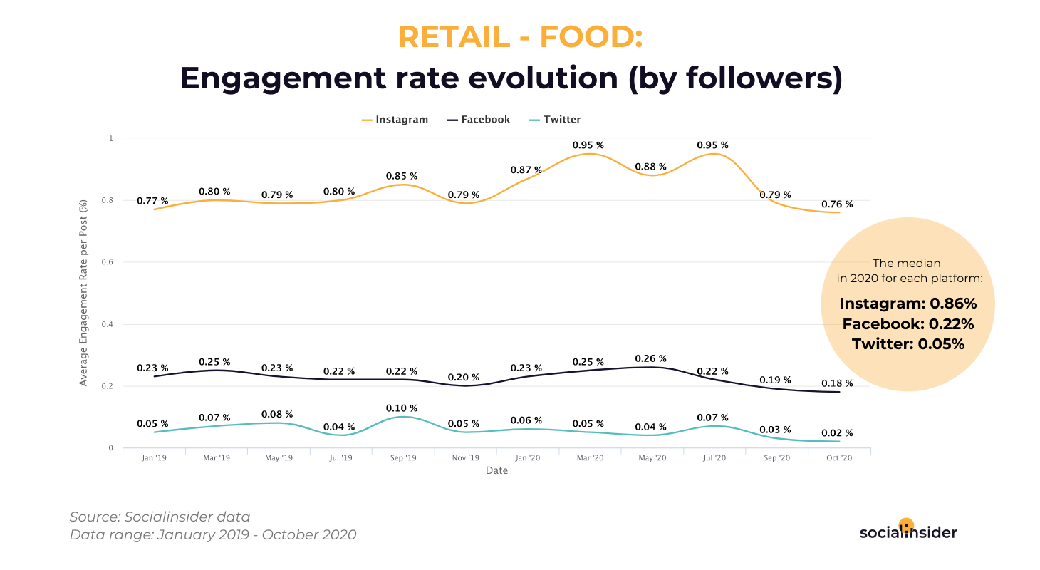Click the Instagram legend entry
pos(395,120)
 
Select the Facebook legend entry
pos(479,120)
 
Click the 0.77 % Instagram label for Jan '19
pos(152,202)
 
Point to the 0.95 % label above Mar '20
pos(588,145)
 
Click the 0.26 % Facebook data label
pos(651,358)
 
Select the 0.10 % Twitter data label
pos(402,408)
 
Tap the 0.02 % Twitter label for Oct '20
pos(837,433)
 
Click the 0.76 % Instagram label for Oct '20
pos(837,204)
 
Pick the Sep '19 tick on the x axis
pos(403,458)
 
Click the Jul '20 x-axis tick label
pos(714,458)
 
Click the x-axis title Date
pos(496,471)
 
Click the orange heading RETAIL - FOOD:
pos(520,37)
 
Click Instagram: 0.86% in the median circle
pos(908,304)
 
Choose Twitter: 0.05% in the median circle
pos(908,344)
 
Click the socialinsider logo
pos(908,531)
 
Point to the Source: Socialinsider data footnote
pos(160,517)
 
